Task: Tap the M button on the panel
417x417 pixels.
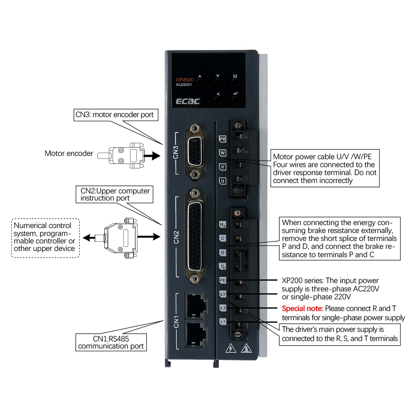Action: pos(235,83)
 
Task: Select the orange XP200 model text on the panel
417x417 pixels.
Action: pos(185,79)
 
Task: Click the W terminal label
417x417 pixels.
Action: pos(223,153)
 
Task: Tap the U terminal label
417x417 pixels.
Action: pos(223,181)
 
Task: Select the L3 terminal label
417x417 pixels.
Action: pos(223,294)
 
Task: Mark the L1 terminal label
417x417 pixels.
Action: pos(223,322)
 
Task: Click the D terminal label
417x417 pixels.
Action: pos(223,253)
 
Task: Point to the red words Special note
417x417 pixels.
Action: pos(302,309)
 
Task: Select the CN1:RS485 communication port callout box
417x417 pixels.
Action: pos(111,342)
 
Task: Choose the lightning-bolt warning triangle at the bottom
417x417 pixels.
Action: pos(229,348)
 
